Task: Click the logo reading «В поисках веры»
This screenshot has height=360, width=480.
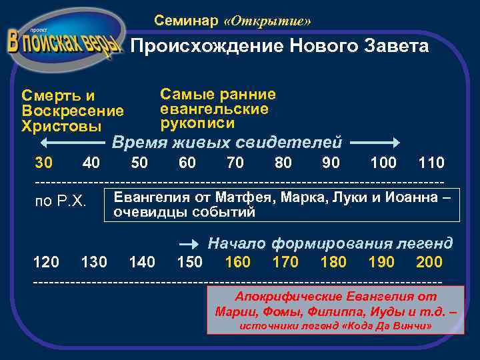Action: [65, 42]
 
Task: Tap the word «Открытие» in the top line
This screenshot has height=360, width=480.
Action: [268, 21]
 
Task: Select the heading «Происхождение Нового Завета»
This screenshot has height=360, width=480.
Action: [279, 47]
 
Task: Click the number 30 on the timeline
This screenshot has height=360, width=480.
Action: [44, 163]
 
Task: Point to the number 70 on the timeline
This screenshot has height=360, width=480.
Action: [235, 163]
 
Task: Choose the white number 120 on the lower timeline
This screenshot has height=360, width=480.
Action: [46, 262]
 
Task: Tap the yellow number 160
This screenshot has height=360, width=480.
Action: [238, 262]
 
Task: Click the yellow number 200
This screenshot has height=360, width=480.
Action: [429, 262]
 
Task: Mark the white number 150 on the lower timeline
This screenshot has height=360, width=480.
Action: [189, 262]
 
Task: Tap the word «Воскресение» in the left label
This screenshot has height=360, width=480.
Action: [73, 111]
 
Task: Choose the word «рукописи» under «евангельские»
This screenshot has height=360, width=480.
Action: [197, 123]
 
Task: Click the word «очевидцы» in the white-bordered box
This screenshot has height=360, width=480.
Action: [146, 213]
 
